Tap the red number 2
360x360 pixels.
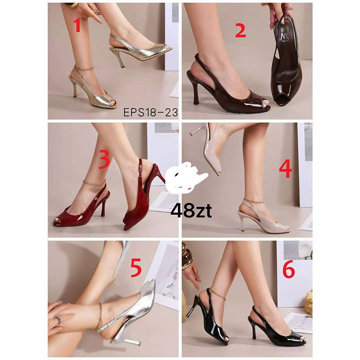point(240,31)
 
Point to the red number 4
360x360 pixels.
point(285,169)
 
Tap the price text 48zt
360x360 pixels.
point(191,211)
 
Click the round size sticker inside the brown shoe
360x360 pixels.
point(282,30)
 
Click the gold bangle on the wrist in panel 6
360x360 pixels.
point(187,257)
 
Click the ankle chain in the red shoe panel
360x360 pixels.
point(94,183)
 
